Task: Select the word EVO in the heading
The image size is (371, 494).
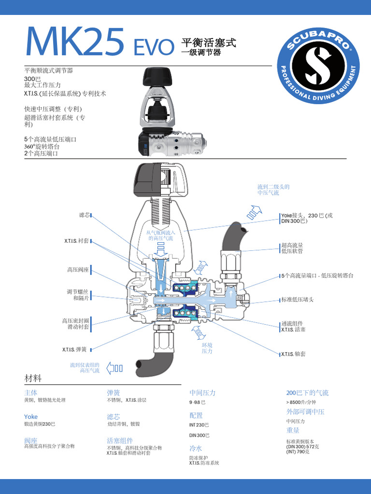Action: [x=153, y=47]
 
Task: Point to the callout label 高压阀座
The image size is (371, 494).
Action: [x=78, y=270]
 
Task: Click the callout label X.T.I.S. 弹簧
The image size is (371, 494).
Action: [x=76, y=349]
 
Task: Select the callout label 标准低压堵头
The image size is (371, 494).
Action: [x=298, y=300]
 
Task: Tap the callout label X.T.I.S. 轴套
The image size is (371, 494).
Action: [x=293, y=354]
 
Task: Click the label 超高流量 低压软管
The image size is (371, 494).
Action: [x=292, y=248]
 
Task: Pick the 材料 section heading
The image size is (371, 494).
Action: [x=33, y=377]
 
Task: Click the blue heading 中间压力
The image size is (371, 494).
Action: [x=202, y=393]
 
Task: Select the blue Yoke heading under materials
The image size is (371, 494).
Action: [x=31, y=416]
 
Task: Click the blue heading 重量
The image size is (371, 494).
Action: [x=293, y=430]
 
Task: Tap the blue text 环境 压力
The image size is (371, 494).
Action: [x=207, y=348]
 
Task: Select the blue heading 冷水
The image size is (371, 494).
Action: [x=196, y=448]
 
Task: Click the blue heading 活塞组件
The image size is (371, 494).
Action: [x=120, y=440]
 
